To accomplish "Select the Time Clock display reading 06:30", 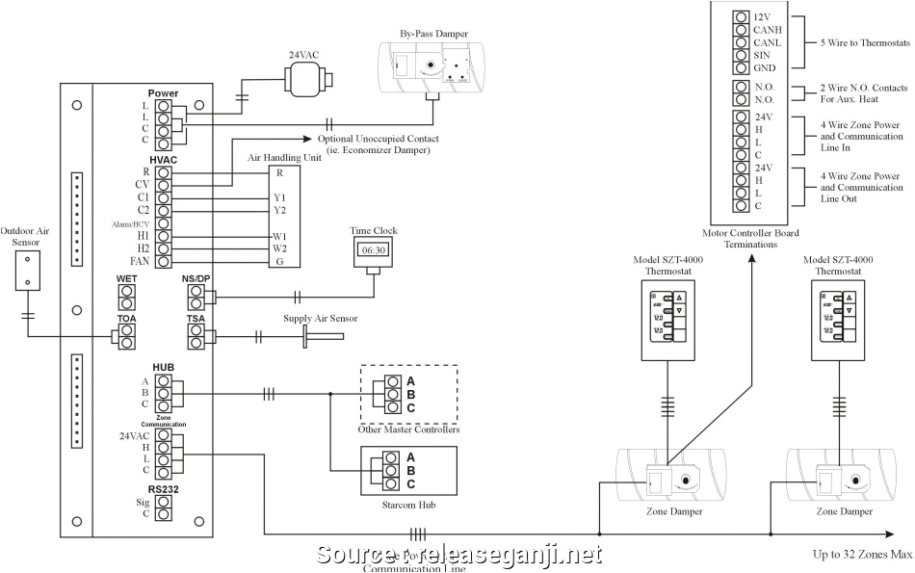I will coord(374,249).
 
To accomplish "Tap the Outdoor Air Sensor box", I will coord(28,273).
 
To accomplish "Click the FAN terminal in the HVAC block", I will coord(164,261).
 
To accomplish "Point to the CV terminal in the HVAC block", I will coord(164,183).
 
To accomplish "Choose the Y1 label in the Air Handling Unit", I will coord(279,197).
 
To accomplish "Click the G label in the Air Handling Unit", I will coord(279,261).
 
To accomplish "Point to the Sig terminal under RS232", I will coord(164,502).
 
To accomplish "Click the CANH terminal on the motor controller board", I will coord(740,30).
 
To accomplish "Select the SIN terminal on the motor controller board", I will coord(740,55).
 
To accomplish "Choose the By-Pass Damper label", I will coord(434,35).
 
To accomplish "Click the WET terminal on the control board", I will coord(126,297).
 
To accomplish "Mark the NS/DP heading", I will coord(196,279).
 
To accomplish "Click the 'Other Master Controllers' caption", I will coord(408,430).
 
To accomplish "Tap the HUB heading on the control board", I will coord(163,367).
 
